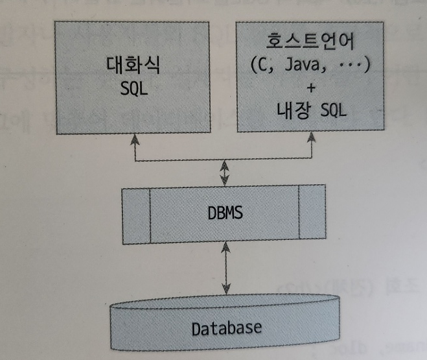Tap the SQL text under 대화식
point(134,90)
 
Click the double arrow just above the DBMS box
point(225,173)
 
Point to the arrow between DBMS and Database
point(225,269)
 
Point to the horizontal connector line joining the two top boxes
point(224,160)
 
